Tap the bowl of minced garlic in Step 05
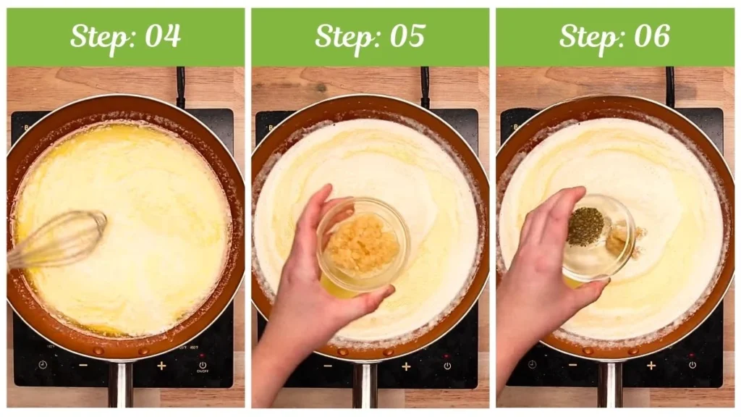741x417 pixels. pyautogui.click(x=362, y=245)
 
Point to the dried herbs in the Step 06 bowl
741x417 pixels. pyautogui.click(x=585, y=226)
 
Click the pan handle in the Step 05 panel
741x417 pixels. pyautogui.click(x=365, y=384)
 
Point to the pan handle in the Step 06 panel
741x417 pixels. pyautogui.click(x=610, y=384)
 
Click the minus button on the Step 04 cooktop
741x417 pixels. pyautogui.click(x=83, y=366)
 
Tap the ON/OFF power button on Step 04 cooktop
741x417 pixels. pyautogui.click(x=202, y=366)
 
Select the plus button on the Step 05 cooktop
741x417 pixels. pyautogui.click(x=406, y=366)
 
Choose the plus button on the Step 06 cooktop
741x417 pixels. pyautogui.click(x=651, y=366)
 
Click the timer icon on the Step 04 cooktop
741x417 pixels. pyautogui.click(x=43, y=365)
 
